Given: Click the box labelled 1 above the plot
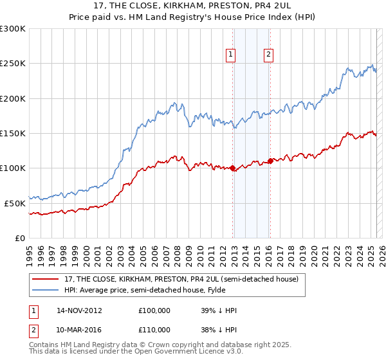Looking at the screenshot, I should (230, 55).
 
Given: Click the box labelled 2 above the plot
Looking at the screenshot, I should (268, 55).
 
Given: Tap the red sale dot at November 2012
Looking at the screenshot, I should (232, 168).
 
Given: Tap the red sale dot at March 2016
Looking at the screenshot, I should (270, 161).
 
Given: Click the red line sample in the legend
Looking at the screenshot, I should (46, 280).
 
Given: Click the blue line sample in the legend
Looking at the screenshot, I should (46, 290).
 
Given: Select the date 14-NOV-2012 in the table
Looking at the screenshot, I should (79, 310).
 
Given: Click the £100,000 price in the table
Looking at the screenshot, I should (154, 310).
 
